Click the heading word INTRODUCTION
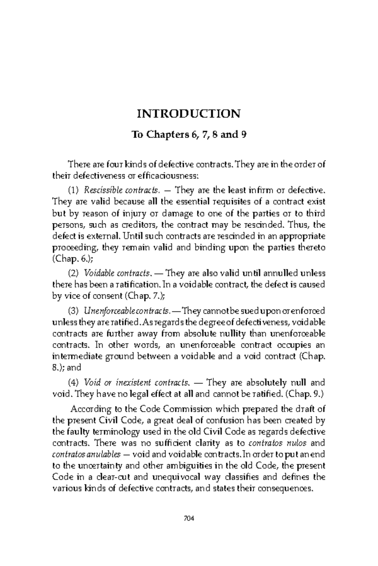coord(188,114)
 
